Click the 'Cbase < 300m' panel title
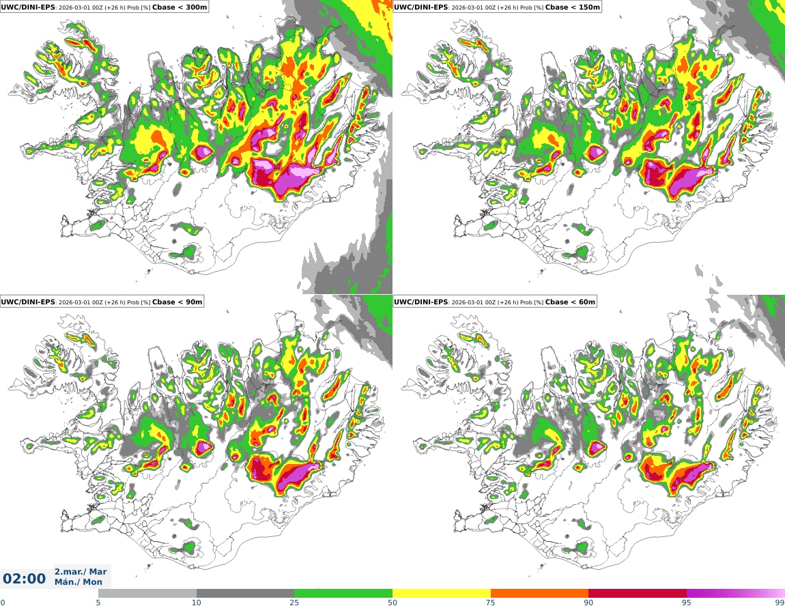point(180,7)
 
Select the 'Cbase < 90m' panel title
point(177,302)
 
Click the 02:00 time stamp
point(24,579)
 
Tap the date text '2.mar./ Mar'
point(81,572)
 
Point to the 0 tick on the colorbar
point(2,603)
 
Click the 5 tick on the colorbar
point(98,603)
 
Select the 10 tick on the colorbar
point(197,603)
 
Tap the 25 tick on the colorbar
point(294,603)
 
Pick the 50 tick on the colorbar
point(392,603)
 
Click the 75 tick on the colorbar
point(491,603)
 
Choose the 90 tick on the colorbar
point(588,603)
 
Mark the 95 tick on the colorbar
point(687,603)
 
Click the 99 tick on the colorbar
point(780,603)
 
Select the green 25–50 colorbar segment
point(343,593)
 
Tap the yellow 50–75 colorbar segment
point(442,593)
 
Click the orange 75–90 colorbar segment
point(539,593)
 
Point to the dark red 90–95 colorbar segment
point(638,593)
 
